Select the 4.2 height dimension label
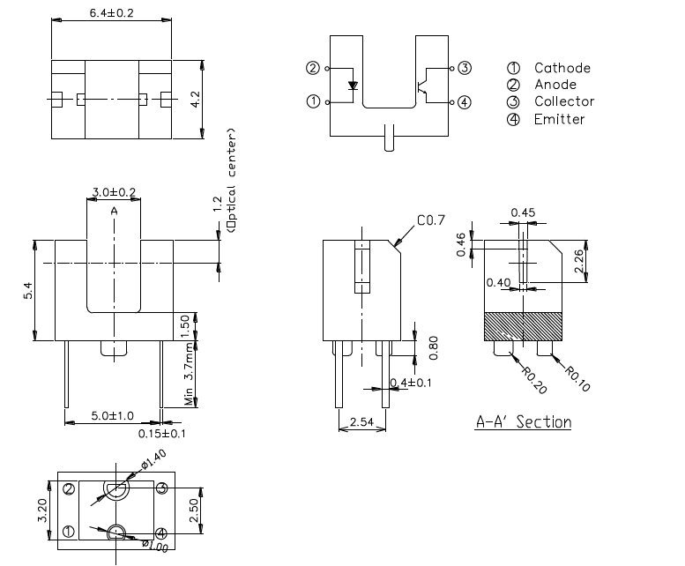[x=196, y=99]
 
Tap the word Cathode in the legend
[x=562, y=68]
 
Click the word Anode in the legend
[x=555, y=85]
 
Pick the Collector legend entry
[x=563, y=101]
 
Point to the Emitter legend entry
[x=559, y=119]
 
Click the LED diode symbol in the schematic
[x=354, y=86]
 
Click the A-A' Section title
[x=523, y=422]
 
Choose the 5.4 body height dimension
[x=28, y=290]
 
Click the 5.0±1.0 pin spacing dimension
[x=113, y=415]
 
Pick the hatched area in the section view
[x=524, y=327]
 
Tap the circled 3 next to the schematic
[x=465, y=68]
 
